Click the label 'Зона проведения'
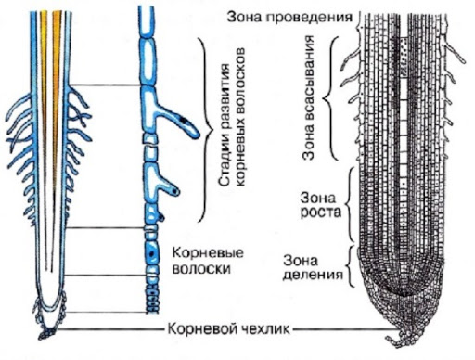[x=289, y=18]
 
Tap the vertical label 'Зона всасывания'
[x=309, y=97]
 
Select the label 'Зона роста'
[x=321, y=205]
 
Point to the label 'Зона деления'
[x=313, y=267]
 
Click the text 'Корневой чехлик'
[x=228, y=329]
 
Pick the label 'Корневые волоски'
[x=208, y=261]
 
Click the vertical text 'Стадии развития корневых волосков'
[x=232, y=117]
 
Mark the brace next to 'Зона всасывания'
[x=329, y=98]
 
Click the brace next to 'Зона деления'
[x=350, y=266]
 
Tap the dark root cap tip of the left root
[x=47, y=333]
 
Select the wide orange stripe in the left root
[x=57, y=93]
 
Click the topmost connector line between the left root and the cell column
[x=105, y=85]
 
